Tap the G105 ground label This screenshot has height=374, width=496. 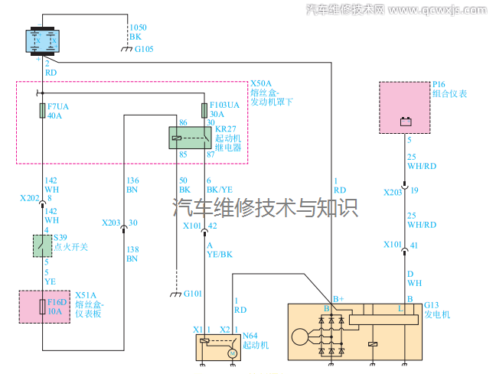tap(145, 49)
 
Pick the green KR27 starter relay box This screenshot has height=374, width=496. tap(190, 137)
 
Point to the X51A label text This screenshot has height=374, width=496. tap(84, 294)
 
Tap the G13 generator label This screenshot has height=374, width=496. tap(431, 304)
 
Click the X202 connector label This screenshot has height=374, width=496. tap(29, 197)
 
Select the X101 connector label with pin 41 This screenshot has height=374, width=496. tap(393, 245)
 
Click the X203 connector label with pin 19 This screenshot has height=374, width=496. tap(393, 190)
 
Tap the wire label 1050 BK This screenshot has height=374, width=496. tap(138, 31)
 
